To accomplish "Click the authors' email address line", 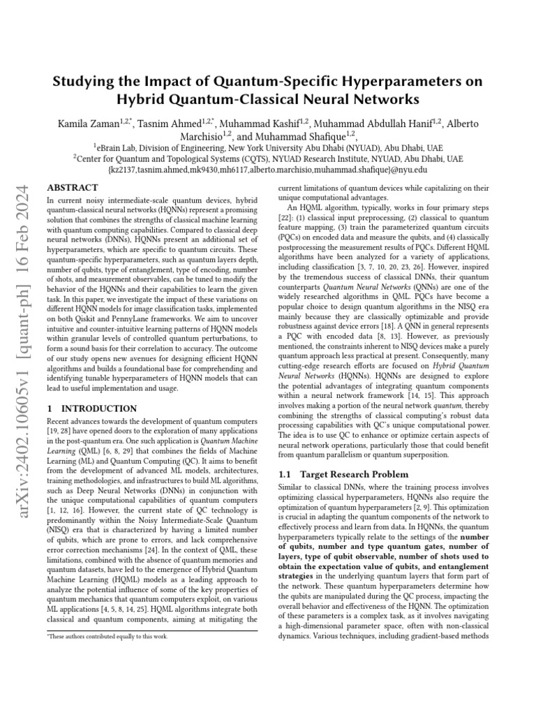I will pyautogui.click(x=267, y=170).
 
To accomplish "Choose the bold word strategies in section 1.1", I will pyautogui.click(x=295, y=577).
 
